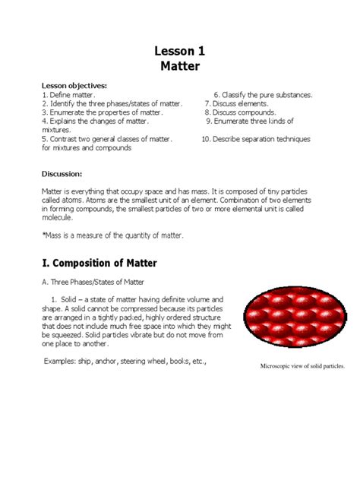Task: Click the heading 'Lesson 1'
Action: point(179,51)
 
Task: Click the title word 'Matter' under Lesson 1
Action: point(179,66)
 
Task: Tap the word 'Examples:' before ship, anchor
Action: point(60,362)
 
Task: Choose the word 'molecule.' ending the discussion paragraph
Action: point(58,216)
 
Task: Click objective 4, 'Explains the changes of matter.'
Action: point(96,121)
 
